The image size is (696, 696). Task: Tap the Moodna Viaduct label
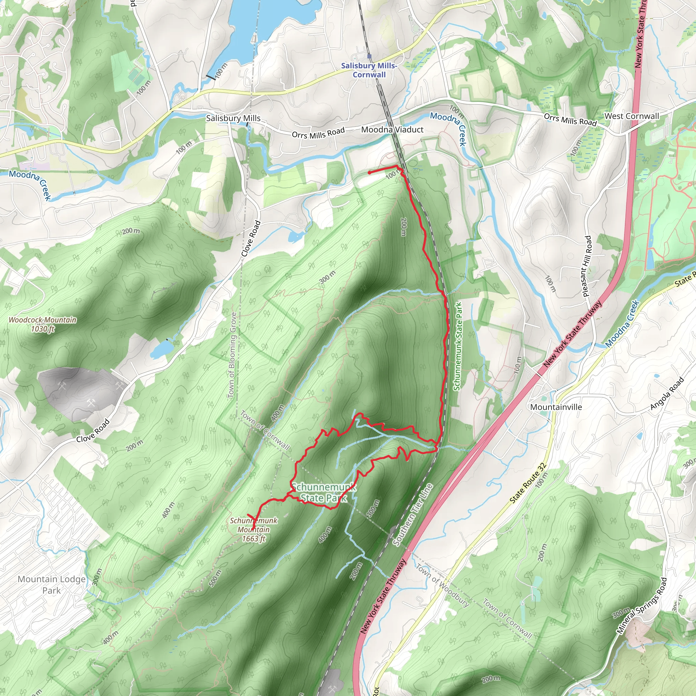coord(392,130)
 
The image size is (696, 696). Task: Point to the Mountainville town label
coord(556,407)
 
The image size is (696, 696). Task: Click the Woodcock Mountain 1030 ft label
coord(42,324)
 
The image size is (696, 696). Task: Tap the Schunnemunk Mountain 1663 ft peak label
coord(254,529)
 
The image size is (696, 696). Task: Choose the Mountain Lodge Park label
coord(52,584)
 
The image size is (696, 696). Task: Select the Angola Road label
coord(667,394)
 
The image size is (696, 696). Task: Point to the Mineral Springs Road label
coord(642,606)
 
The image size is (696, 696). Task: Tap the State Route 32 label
coord(528,483)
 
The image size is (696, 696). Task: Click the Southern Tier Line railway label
coord(412,515)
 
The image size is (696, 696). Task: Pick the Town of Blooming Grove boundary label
coord(233,355)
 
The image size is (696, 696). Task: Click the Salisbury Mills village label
coord(233,118)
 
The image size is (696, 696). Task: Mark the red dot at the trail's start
coord(370,173)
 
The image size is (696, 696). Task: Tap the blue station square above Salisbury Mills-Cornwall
coord(369,56)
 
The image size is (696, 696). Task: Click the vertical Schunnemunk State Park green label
coord(457,346)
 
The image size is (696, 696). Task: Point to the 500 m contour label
coord(214,578)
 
